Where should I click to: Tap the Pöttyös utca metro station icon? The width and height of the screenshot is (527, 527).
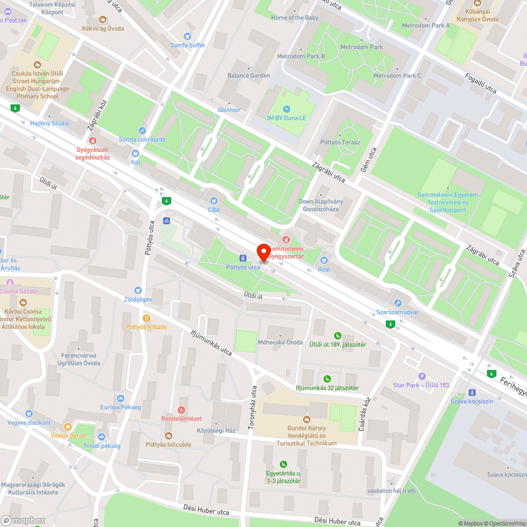tap(243, 258)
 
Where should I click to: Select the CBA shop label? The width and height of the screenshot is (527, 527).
tap(213, 209)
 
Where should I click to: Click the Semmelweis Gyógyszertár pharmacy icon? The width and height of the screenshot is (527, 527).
tap(286, 240)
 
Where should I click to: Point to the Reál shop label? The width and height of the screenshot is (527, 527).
tap(324, 269)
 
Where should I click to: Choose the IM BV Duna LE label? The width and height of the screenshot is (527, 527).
tap(287, 118)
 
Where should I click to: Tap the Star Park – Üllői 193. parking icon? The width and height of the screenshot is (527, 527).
tap(421, 376)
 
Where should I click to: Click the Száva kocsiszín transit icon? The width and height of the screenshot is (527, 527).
tap(472, 393)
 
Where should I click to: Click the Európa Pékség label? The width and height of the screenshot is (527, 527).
tap(121, 407)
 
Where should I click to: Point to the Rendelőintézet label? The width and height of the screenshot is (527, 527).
tap(181, 418)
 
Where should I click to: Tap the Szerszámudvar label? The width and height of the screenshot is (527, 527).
tap(397, 312)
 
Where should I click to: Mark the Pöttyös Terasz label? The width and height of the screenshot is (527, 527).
tap(340, 142)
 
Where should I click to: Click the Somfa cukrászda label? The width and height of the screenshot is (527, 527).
tap(142, 139)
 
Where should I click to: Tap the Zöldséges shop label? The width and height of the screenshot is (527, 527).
tap(138, 299)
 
